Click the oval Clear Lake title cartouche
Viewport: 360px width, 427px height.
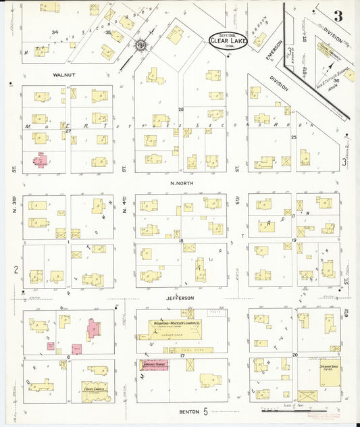(x=228, y=41)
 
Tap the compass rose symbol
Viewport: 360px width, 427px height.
(x=141, y=45)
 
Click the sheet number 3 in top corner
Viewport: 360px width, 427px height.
(x=337, y=15)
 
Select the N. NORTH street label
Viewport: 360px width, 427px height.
(x=181, y=184)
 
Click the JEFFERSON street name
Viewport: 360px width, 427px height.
(x=181, y=298)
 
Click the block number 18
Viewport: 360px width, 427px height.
(x=181, y=240)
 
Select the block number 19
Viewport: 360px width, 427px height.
(x=294, y=240)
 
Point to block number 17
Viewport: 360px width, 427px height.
(x=181, y=355)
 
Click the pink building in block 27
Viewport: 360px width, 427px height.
(x=41, y=160)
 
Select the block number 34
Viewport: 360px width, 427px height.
(x=55, y=32)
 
